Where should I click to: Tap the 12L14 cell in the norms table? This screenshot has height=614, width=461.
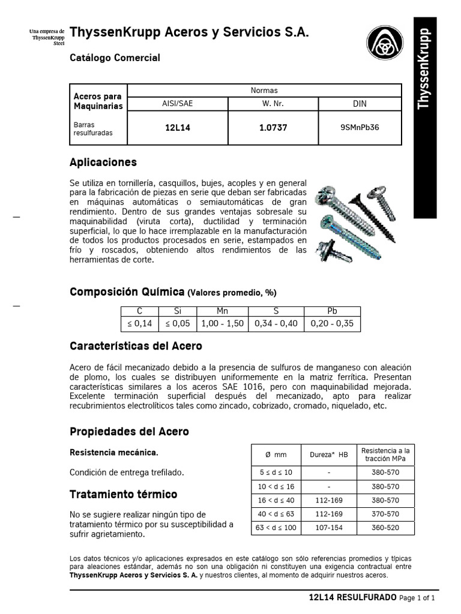[x=177, y=128]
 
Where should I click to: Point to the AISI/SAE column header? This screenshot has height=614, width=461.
[x=177, y=103]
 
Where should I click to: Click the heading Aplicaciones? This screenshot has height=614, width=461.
[x=103, y=162]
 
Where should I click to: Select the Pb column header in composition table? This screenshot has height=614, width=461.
[x=332, y=312]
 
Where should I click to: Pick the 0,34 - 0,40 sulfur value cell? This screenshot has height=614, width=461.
[x=276, y=324]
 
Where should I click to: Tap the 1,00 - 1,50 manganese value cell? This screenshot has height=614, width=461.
[x=222, y=324]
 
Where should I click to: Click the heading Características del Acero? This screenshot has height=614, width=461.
[x=136, y=347]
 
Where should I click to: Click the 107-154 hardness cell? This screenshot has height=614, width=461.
[x=328, y=528]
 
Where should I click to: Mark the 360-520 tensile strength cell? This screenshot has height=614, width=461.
[x=385, y=528]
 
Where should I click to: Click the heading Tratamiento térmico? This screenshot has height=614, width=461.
[x=124, y=495]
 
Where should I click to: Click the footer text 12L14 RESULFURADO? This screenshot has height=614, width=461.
[x=352, y=598]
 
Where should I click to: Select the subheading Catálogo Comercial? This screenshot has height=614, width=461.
[x=115, y=58]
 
